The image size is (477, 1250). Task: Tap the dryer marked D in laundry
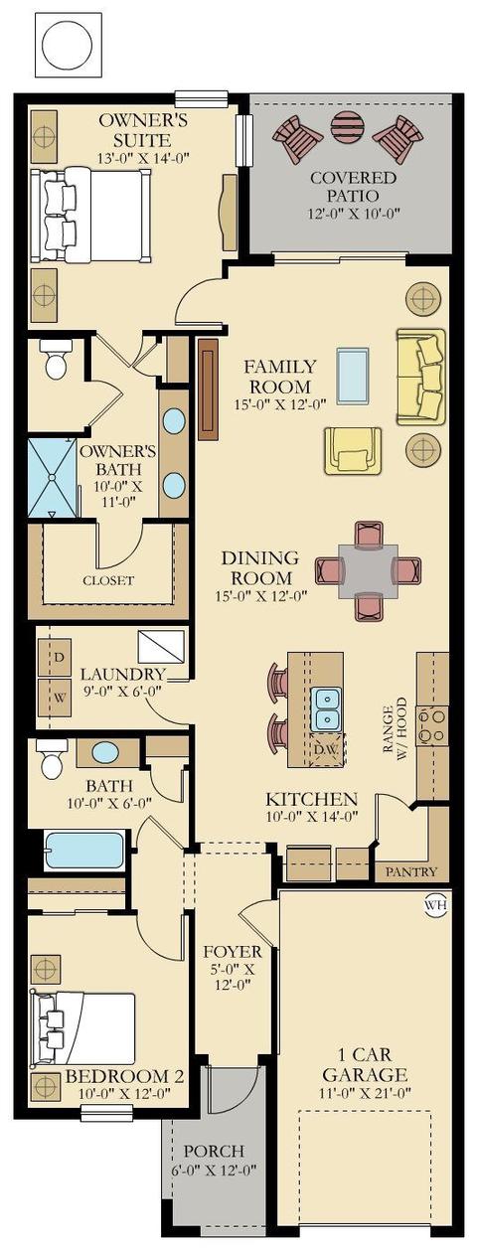[x=55, y=657]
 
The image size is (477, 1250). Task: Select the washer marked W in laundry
[x=55, y=697]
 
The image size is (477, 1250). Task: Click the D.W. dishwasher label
[x=326, y=749]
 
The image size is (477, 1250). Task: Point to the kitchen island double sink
[x=326, y=709]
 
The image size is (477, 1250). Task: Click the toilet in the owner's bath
[x=56, y=359]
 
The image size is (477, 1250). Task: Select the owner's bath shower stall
[x=52, y=479]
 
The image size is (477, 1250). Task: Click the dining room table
[x=368, y=571]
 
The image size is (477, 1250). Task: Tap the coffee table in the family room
[x=353, y=375]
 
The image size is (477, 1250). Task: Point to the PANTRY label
[x=411, y=871]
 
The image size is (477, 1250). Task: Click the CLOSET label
[x=108, y=580]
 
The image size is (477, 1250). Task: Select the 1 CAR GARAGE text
[x=366, y=1064]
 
